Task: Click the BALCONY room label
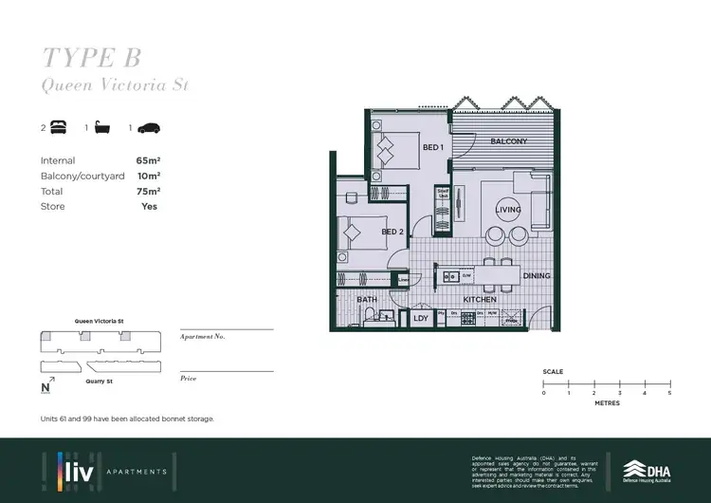pyautogui.click(x=508, y=141)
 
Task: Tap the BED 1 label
pyautogui.click(x=432, y=148)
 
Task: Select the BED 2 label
pyautogui.click(x=392, y=232)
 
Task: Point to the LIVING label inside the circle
pyautogui.click(x=508, y=210)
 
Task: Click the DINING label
pyautogui.click(x=536, y=276)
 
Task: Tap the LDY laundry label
pyautogui.click(x=421, y=318)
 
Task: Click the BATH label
pyautogui.click(x=367, y=300)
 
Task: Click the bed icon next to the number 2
pyautogui.click(x=58, y=127)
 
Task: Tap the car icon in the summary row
pyautogui.click(x=149, y=127)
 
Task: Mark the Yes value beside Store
pyautogui.click(x=149, y=206)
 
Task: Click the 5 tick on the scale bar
pyautogui.click(x=669, y=392)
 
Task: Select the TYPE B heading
pyautogui.click(x=91, y=57)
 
